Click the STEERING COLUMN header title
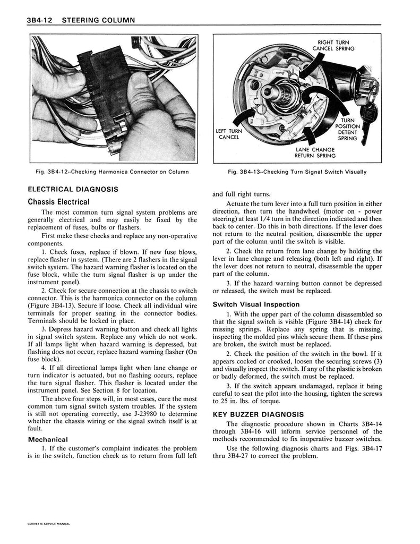98,20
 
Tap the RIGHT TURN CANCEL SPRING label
333,46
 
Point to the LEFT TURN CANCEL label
229,134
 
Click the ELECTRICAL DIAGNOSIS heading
73,189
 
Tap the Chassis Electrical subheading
58,201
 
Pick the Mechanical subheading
47,439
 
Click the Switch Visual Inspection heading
256,304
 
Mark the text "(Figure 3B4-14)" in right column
343,321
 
